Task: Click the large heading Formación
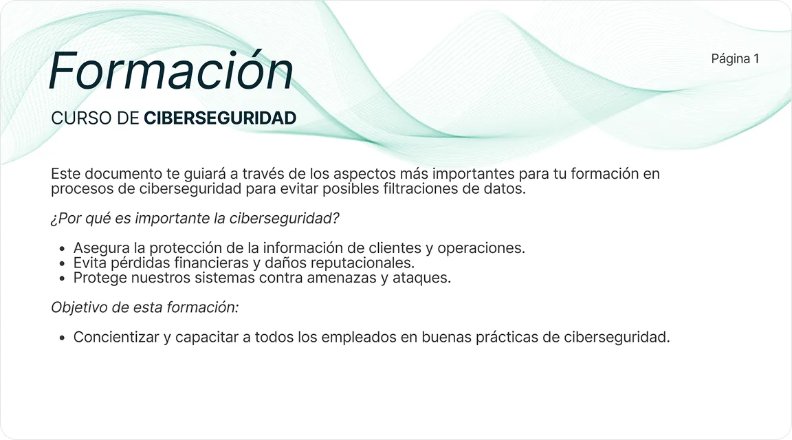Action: coord(171,70)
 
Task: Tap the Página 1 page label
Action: coord(735,58)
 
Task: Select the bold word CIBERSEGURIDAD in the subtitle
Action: coord(220,118)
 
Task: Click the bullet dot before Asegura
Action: coord(63,249)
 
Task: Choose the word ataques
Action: coord(423,278)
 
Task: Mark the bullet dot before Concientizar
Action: coord(63,338)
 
